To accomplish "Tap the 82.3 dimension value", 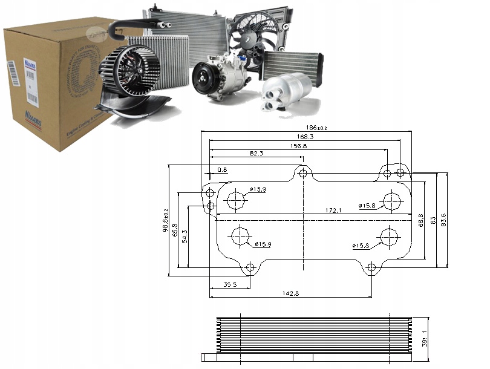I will click(x=256, y=154).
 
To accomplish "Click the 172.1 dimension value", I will click(x=333, y=211).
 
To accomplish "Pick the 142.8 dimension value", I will click(x=291, y=293).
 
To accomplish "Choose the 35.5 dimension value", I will click(x=229, y=284).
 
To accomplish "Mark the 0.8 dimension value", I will click(x=221, y=170).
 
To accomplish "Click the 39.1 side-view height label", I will click(x=423, y=336).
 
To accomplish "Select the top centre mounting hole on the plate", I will click(x=304, y=174).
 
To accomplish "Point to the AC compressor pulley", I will click(x=203, y=79).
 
